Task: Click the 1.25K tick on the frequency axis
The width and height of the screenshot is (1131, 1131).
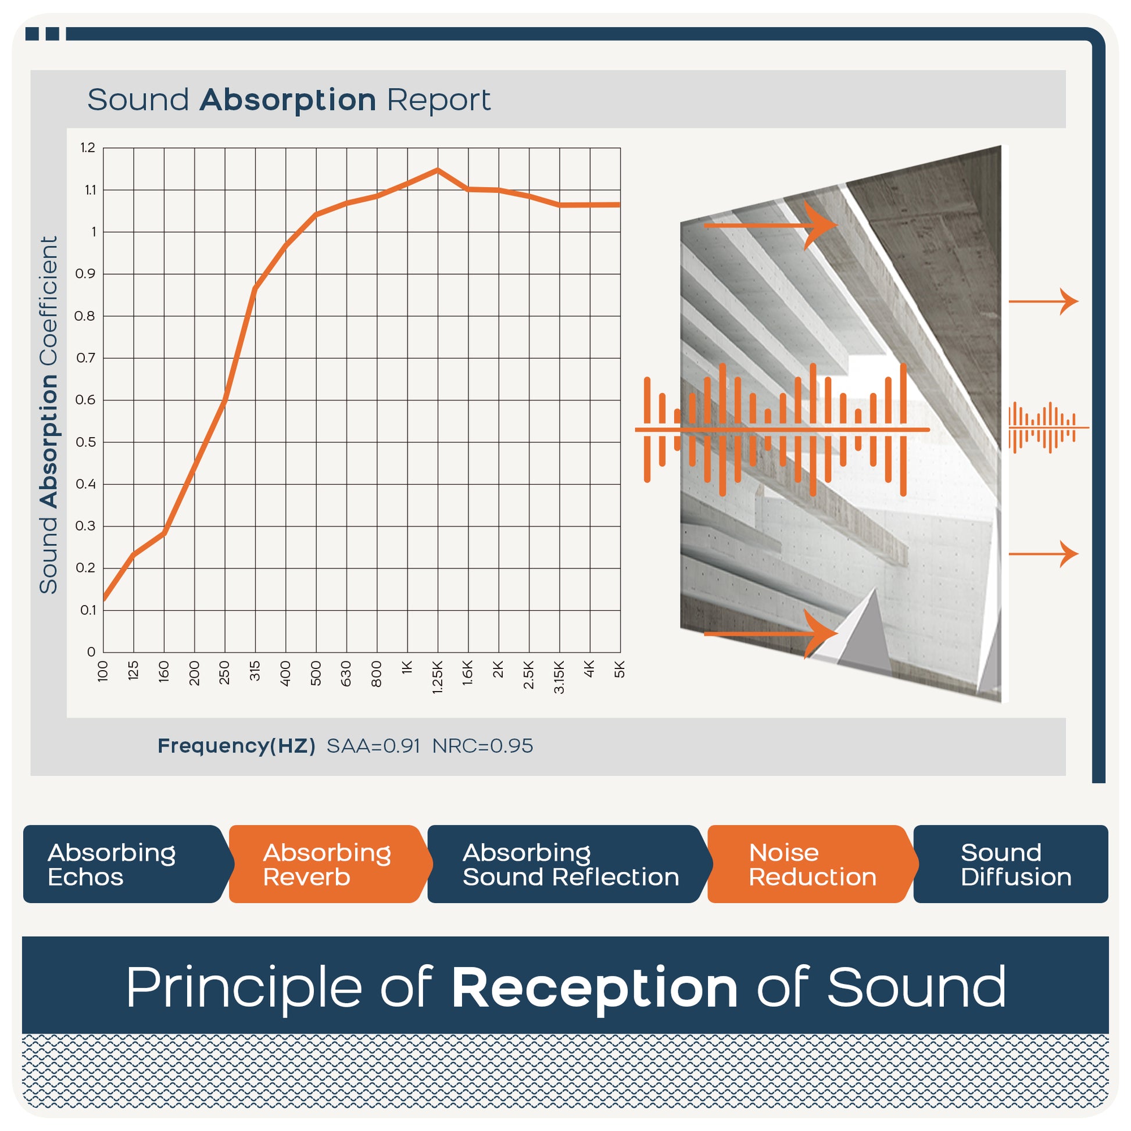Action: [437, 677]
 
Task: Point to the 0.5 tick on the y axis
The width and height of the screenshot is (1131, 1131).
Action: [85, 442]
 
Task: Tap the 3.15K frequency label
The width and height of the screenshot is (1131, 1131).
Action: [559, 677]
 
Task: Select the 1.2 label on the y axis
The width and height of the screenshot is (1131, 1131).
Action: [88, 148]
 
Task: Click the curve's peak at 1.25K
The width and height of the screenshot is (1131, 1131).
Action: [437, 170]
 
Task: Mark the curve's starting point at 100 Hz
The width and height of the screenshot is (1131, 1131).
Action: [103, 599]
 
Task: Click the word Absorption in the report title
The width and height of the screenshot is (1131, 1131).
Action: [288, 99]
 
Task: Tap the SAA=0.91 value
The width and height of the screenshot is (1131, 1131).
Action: [374, 746]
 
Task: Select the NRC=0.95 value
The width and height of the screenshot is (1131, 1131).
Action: [483, 746]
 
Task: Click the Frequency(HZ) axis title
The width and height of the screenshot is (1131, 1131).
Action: [237, 746]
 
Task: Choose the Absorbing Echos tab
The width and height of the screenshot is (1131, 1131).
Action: [126, 864]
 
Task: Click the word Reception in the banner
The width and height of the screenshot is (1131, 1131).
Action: [595, 989]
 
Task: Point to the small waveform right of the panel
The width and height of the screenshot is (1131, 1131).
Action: [1048, 427]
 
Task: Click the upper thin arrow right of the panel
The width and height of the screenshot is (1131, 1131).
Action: [1043, 302]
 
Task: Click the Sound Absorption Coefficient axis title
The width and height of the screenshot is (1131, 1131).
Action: [49, 415]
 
